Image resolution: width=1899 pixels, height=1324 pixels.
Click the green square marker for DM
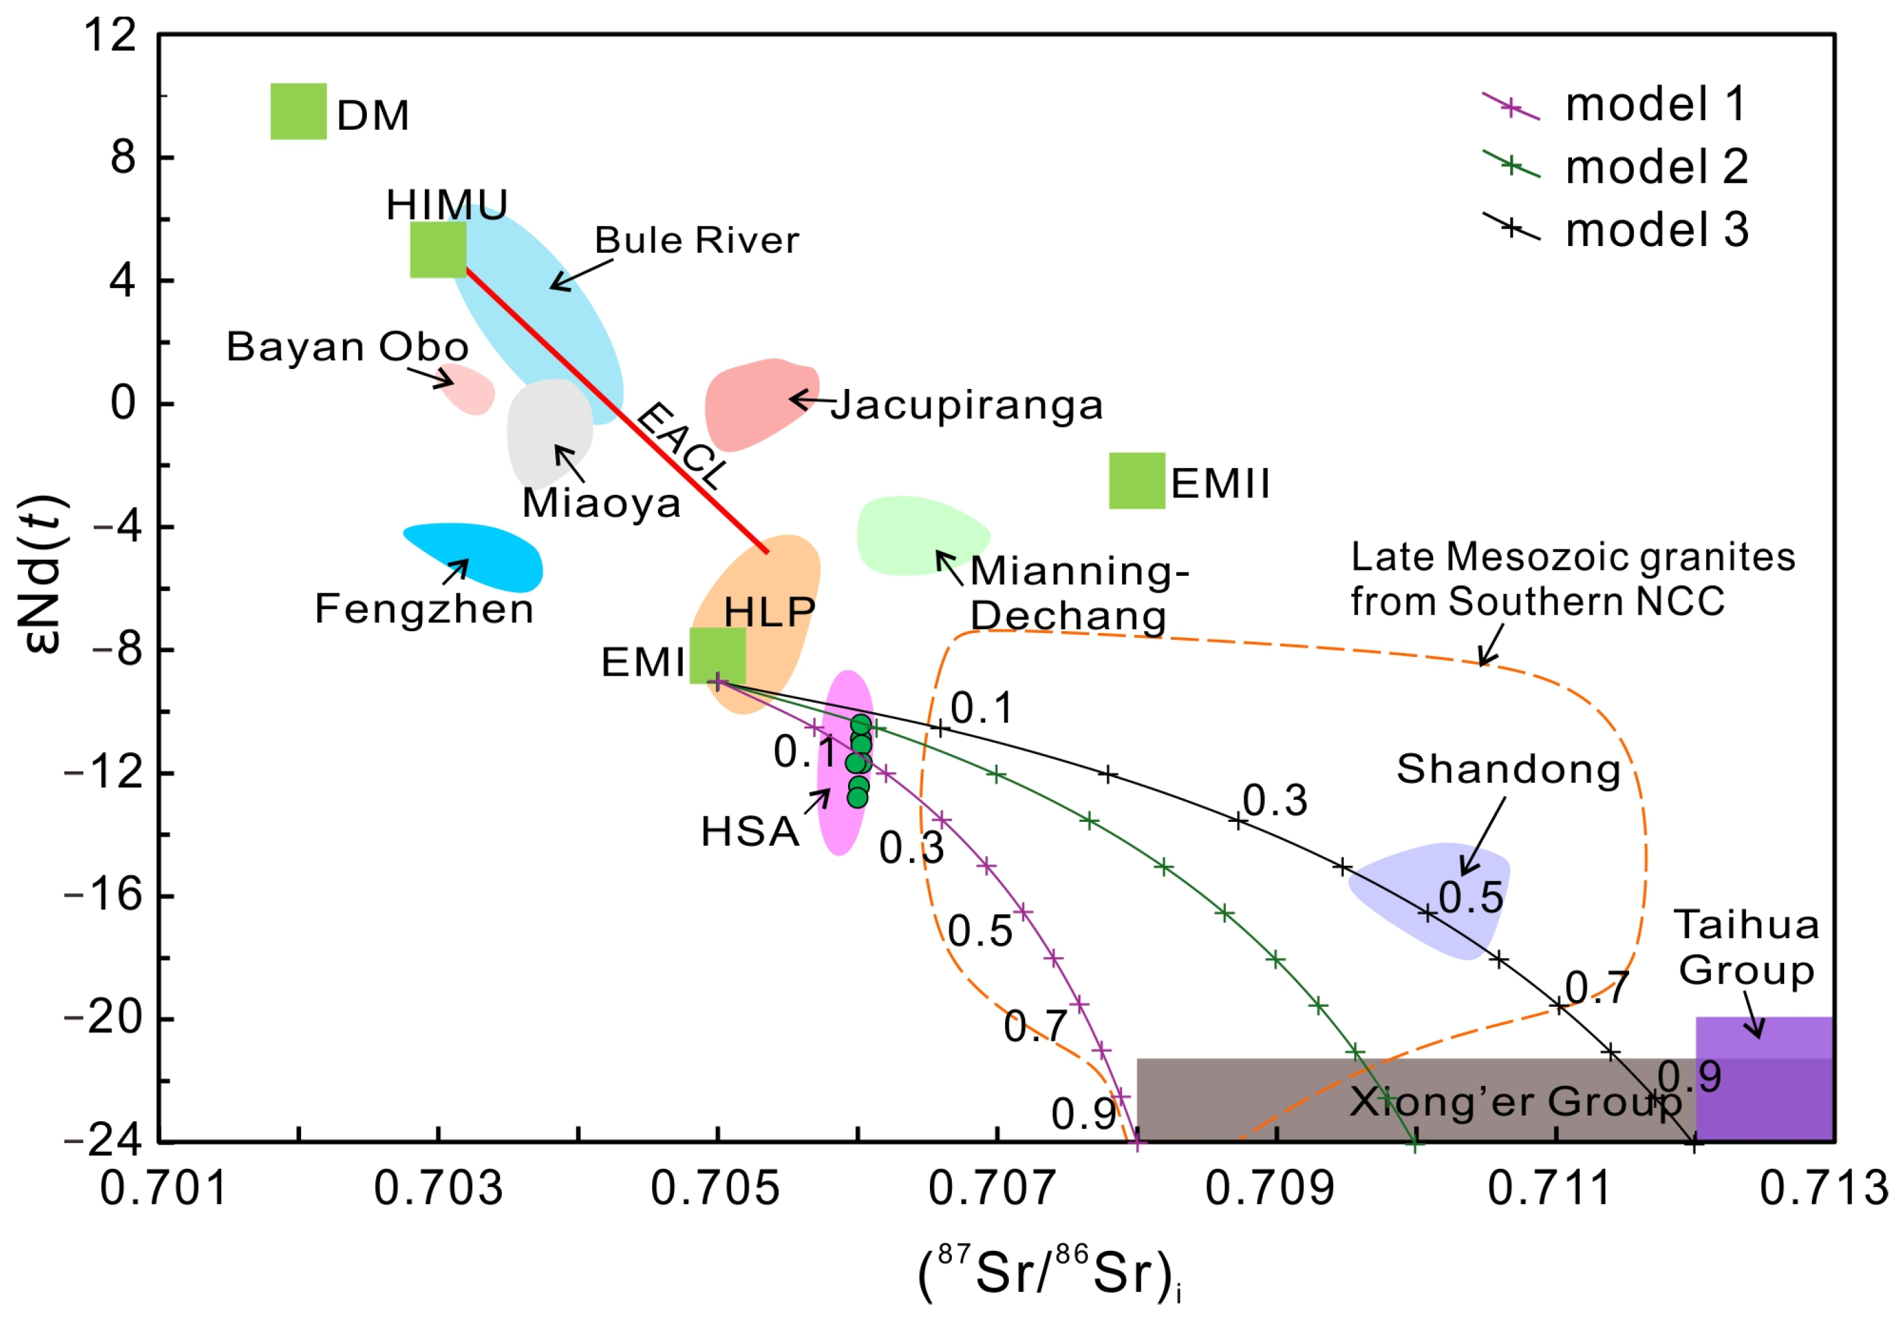298,112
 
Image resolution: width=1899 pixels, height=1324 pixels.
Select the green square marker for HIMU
437,249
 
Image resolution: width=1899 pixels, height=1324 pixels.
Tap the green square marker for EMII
1137,481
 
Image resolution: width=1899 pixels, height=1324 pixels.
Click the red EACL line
612,406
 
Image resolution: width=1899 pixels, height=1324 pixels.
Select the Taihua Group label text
1746,948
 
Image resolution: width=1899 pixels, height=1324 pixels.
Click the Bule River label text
697,241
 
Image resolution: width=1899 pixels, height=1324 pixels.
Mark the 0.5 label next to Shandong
1470,898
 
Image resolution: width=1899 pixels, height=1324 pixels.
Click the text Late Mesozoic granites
1572,558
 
